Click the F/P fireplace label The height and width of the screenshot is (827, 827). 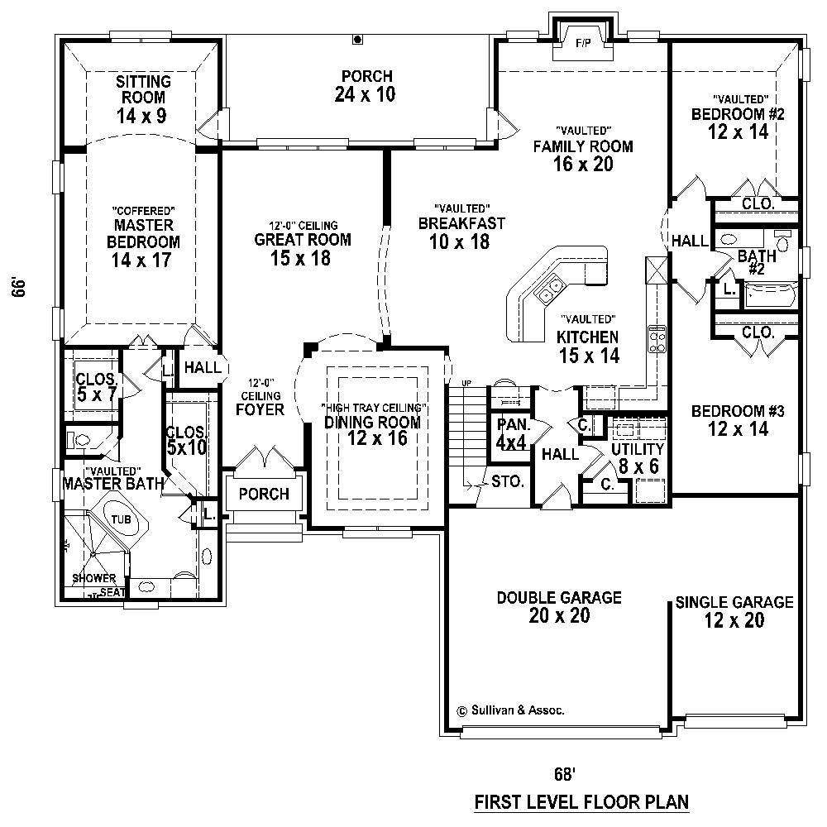click(x=583, y=43)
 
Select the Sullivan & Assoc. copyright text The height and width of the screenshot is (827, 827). click(x=511, y=710)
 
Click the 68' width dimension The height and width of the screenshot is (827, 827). click(x=564, y=774)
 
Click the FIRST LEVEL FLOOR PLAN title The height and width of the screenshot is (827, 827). click(x=581, y=801)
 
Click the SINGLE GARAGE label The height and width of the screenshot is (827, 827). click(x=734, y=610)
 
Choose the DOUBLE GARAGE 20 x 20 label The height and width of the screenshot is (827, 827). click(x=559, y=606)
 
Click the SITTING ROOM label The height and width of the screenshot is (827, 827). click(x=142, y=98)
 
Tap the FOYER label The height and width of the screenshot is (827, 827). click(x=260, y=409)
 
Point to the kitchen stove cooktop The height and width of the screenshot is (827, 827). click(x=657, y=340)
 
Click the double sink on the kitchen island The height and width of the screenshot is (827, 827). click(x=548, y=289)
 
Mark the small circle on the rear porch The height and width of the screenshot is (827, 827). click(x=358, y=38)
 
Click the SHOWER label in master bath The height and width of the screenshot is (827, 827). click(x=93, y=578)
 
